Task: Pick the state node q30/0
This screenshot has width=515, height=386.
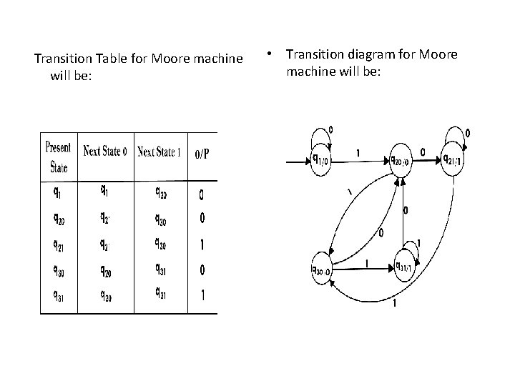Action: click(x=320, y=269)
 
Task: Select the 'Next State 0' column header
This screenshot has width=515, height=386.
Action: click(x=107, y=152)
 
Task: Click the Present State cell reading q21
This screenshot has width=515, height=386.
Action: click(x=58, y=244)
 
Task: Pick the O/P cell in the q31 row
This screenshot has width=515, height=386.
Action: click(x=202, y=295)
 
